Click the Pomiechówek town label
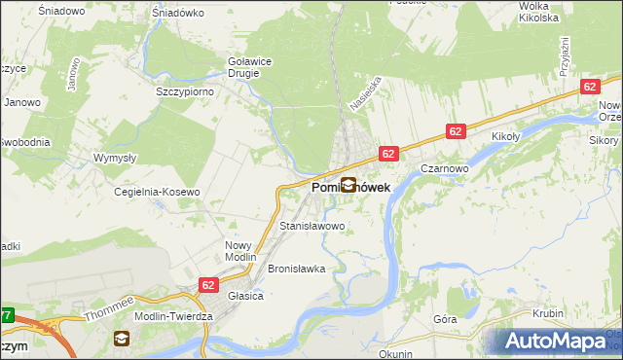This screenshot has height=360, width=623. click(x=350, y=186)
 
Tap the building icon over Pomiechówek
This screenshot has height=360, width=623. click(x=348, y=184)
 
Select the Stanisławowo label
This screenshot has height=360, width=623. click(x=312, y=227)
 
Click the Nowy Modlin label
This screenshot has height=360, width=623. click(x=238, y=251)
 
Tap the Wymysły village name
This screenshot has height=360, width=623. click(x=113, y=157)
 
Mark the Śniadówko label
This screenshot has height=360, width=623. click(x=175, y=14)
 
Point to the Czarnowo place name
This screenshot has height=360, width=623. click(x=445, y=167)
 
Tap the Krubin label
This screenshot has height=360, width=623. click(x=549, y=313)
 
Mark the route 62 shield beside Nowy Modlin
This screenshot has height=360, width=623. click(x=208, y=284)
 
